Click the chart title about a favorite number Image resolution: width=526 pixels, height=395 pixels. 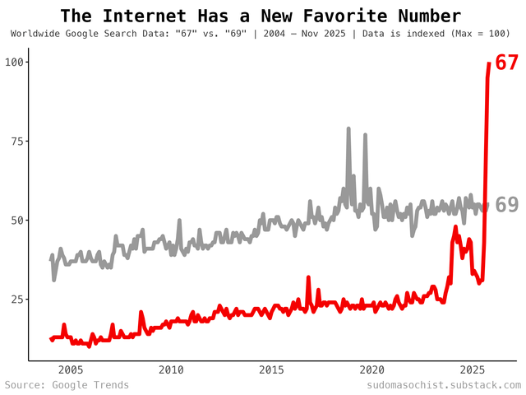[261, 16]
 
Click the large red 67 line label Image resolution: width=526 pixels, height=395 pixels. [506, 63]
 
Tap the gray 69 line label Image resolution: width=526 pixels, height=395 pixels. [506, 206]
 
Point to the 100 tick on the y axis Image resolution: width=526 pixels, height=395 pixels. [16, 63]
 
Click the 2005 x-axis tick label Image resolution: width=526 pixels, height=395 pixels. [70, 369]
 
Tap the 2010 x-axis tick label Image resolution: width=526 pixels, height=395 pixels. [171, 369]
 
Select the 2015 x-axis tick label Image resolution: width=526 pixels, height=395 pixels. [272, 369]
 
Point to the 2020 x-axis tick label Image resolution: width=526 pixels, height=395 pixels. [372, 369]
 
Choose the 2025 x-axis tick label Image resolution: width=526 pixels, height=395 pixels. [473, 369]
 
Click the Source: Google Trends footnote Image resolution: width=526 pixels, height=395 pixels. [67, 385]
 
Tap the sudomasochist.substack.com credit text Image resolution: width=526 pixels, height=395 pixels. [444, 385]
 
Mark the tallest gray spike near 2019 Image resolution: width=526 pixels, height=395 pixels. [348, 129]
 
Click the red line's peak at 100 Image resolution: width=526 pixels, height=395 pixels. [489, 63]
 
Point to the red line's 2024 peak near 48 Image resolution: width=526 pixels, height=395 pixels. [455, 227]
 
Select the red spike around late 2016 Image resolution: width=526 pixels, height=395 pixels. [308, 278]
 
